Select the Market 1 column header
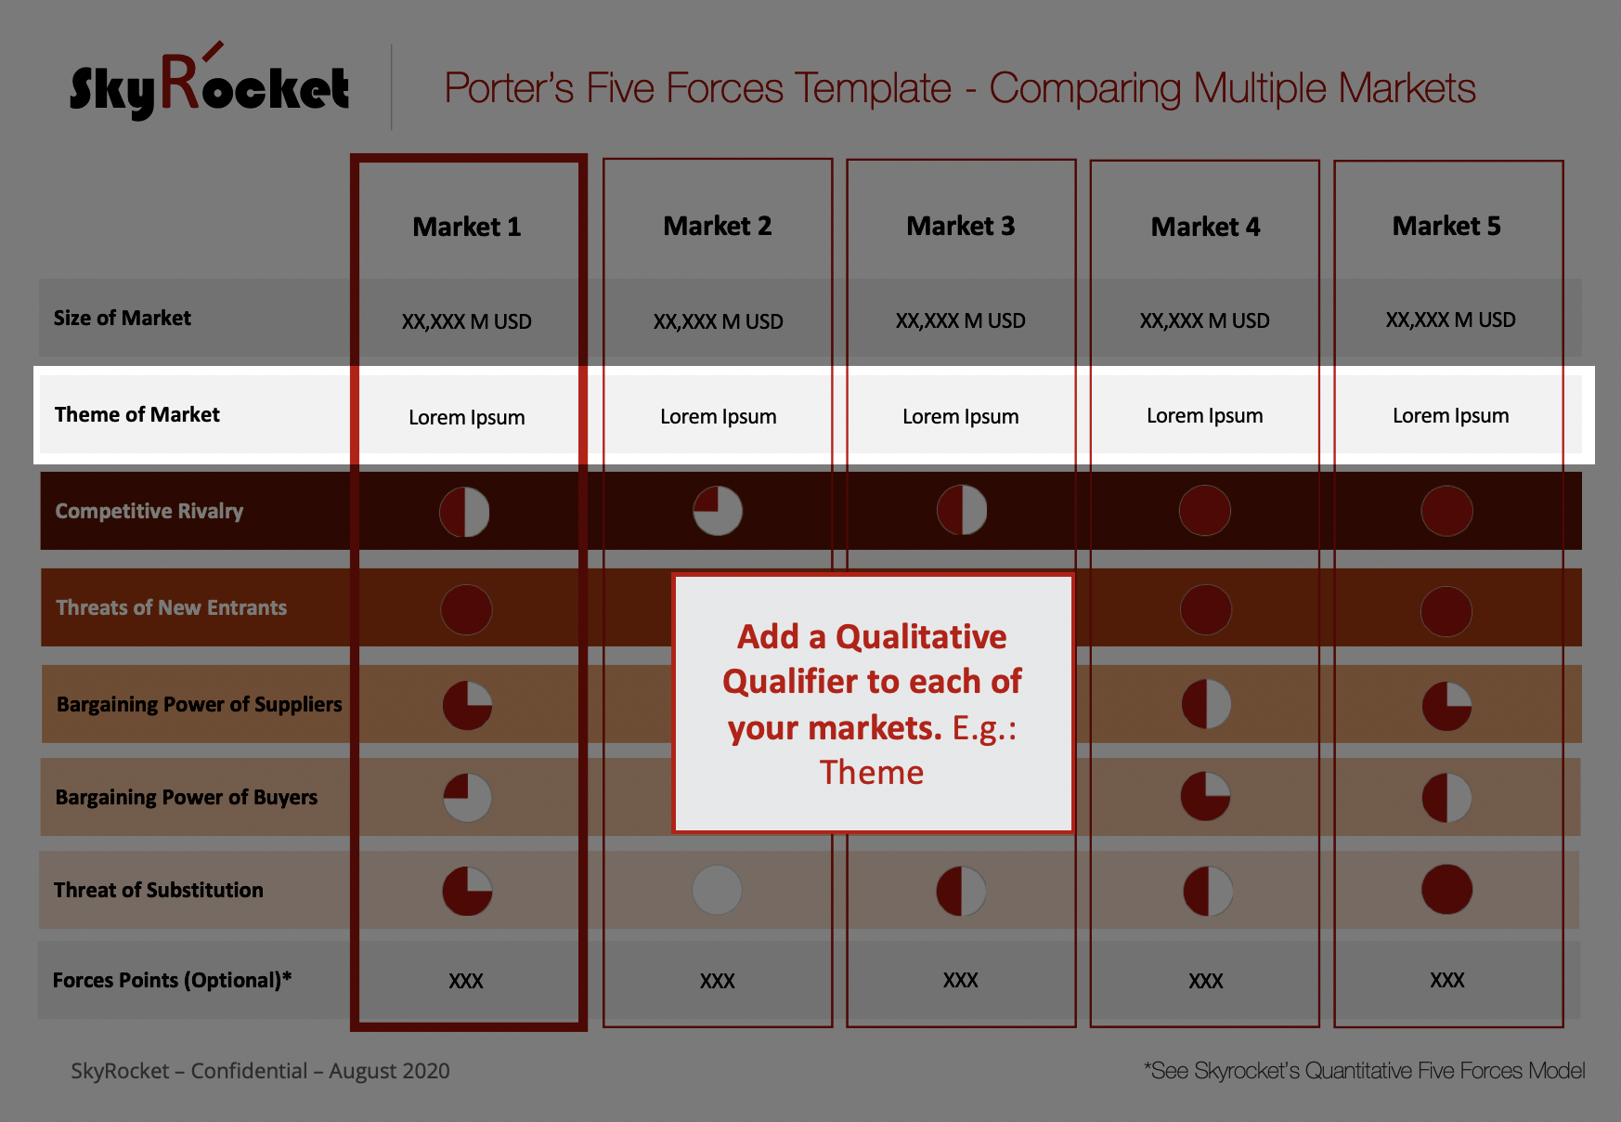467,227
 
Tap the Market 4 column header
1205,227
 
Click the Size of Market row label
122,318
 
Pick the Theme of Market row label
137,414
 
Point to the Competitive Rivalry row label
149,511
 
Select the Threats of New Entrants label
172,607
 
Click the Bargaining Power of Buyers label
187,797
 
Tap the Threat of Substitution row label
159,890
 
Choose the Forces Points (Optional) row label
172,980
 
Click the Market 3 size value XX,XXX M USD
961,320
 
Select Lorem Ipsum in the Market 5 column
1450,415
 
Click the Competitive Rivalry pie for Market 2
718,511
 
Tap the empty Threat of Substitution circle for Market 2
718,890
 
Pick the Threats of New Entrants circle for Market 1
466,609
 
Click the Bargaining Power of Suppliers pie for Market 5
1446,706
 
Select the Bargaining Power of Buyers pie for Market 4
1205,796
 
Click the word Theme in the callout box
872,772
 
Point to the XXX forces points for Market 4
1205,981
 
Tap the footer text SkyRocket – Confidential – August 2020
260,1071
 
